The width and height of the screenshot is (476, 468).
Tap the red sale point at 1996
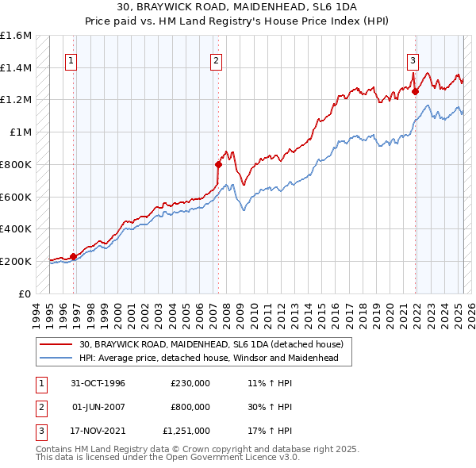(73, 256)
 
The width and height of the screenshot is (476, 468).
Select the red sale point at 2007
(217, 165)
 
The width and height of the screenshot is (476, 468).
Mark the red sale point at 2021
(415, 92)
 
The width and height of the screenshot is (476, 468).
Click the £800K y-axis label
(16, 164)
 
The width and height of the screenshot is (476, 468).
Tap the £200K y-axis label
(16, 261)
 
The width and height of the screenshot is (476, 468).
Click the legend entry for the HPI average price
(209, 358)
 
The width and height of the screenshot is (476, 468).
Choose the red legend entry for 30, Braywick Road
(210, 344)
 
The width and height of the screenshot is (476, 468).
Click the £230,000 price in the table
(190, 382)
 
